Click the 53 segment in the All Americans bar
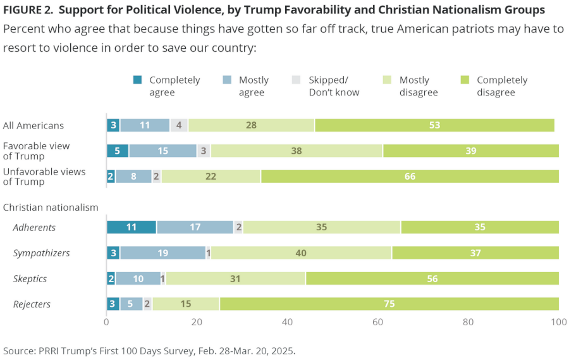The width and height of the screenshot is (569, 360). pyautogui.click(x=434, y=125)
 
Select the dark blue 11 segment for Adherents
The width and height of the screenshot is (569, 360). pyautogui.click(x=132, y=227)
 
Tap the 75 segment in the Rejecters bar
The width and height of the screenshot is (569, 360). pyautogui.click(x=389, y=304)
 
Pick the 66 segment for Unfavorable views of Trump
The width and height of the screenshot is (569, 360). pyautogui.click(x=410, y=177)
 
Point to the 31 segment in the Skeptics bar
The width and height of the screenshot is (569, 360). pyautogui.click(x=236, y=278)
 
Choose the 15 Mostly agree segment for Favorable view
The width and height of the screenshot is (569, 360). pyautogui.click(x=162, y=151)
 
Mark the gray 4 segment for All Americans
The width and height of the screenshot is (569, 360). pyautogui.click(x=179, y=125)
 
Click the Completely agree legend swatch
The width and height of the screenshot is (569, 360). pyautogui.click(x=137, y=80)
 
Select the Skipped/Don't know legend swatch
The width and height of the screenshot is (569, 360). pyautogui.click(x=297, y=80)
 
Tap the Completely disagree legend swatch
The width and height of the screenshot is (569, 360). pyautogui.click(x=465, y=80)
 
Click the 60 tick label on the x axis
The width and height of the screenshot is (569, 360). pyautogui.click(x=377, y=322)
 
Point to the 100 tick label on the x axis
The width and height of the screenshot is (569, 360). pyautogui.click(x=558, y=322)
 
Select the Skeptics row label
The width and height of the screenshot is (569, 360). pyautogui.click(x=30, y=279)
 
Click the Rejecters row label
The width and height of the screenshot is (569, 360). pyautogui.click(x=32, y=304)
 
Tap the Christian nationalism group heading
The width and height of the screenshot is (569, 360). pyautogui.click(x=51, y=207)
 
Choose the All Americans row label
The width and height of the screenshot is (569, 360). pyautogui.click(x=33, y=125)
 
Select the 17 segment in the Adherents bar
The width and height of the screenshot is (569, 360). pyautogui.click(x=195, y=227)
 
